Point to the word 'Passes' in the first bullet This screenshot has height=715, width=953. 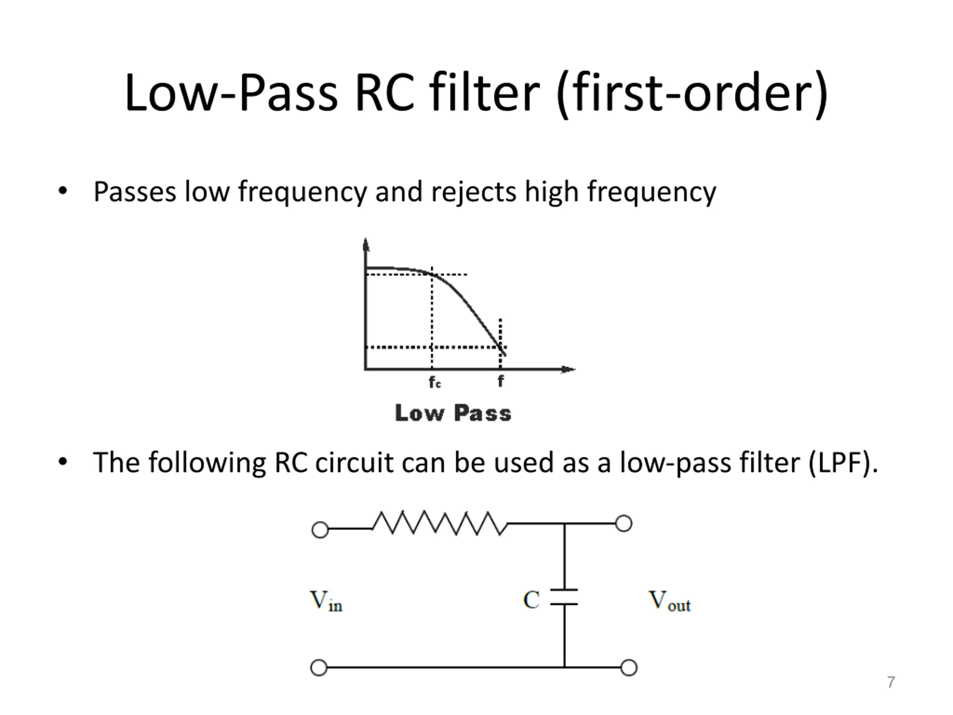pyautogui.click(x=135, y=191)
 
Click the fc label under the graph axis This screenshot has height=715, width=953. pyautogui.click(x=435, y=382)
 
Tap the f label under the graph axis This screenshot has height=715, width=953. pyautogui.click(x=500, y=381)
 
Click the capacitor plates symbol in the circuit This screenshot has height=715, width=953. pyautogui.click(x=564, y=597)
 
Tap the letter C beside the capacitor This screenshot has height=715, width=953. pyautogui.click(x=531, y=600)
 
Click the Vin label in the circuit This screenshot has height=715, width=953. pyautogui.click(x=326, y=600)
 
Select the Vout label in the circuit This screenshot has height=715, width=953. pyautogui.click(x=669, y=600)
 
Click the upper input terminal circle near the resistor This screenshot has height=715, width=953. pyautogui.click(x=320, y=530)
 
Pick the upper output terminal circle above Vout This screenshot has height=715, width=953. pyautogui.click(x=624, y=524)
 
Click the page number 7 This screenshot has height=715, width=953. pyautogui.click(x=891, y=682)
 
